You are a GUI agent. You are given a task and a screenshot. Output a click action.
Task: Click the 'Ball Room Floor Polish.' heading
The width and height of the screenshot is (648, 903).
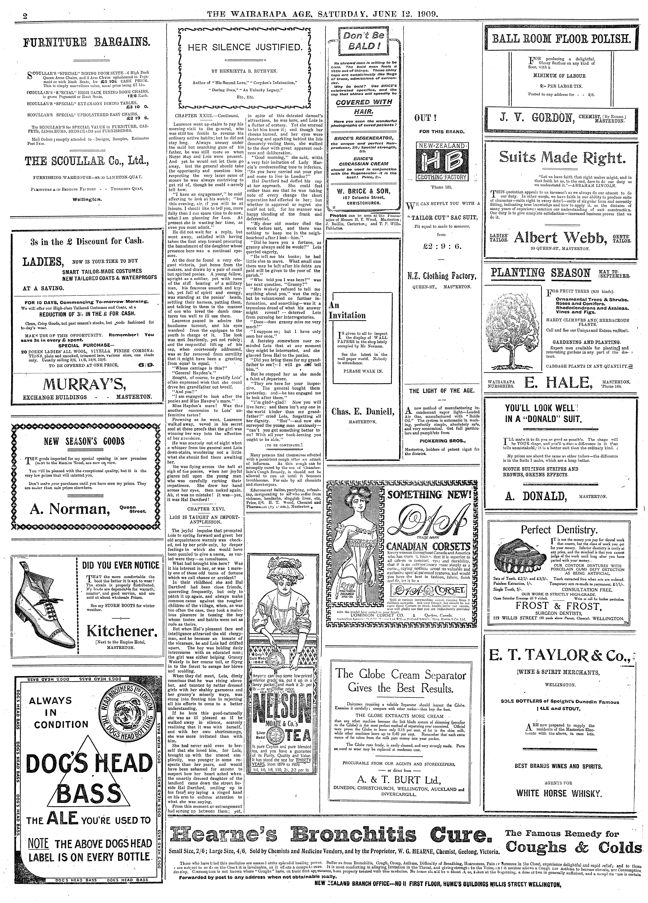click(562, 39)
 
